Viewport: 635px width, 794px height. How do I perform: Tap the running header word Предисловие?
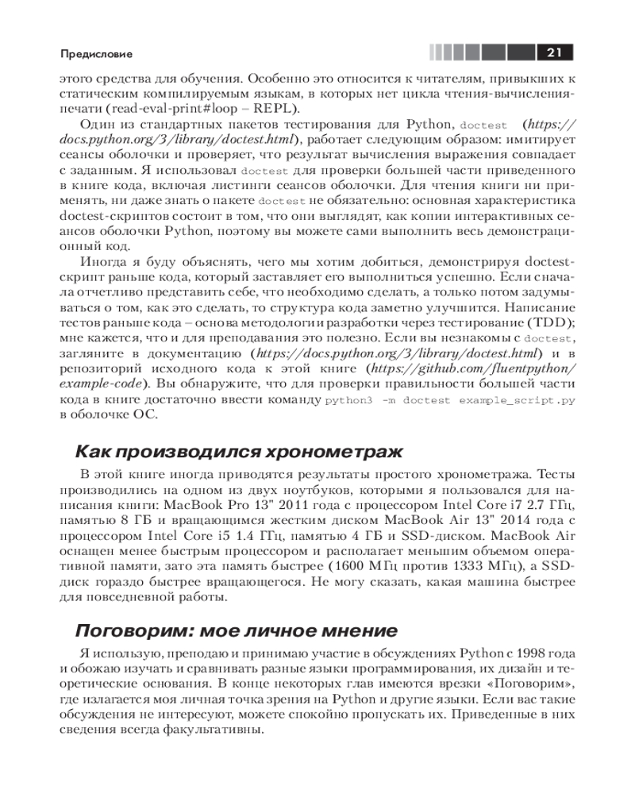pyautogui.click(x=96, y=54)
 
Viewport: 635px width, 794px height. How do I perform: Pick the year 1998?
pyautogui.click(x=522, y=653)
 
